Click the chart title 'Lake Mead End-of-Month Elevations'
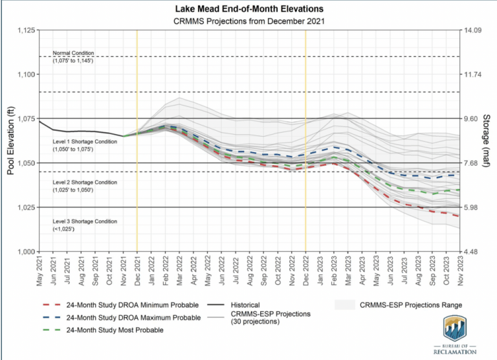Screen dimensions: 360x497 click(249, 10)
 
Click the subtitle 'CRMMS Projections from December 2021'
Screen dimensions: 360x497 click(249, 21)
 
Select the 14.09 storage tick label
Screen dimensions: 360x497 click(472, 30)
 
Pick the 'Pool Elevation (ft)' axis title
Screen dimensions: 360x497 click(10, 141)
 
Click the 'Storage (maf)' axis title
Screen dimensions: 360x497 click(490, 141)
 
